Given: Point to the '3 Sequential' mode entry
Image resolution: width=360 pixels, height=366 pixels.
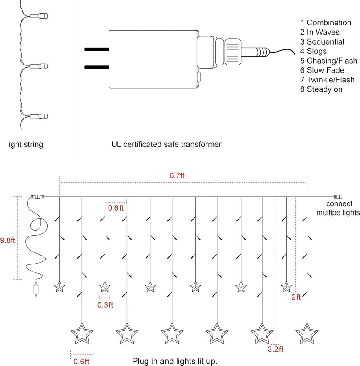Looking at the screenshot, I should pyautogui.click(x=322, y=42).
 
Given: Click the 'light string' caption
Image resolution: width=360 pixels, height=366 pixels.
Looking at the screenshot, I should pyautogui.click(x=25, y=145).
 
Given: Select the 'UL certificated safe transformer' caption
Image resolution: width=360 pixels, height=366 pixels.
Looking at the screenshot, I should pyautogui.click(x=166, y=145).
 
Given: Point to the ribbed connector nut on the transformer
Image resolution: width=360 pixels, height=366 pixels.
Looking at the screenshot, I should pyautogui.click(x=234, y=52).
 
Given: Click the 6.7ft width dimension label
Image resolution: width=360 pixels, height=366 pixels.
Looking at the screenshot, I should pyautogui.click(x=177, y=175).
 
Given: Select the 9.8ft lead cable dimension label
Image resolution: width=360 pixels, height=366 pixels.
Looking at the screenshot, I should pyautogui.click(x=8, y=240).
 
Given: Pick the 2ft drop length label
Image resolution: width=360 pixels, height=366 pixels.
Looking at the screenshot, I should pyautogui.click(x=296, y=297).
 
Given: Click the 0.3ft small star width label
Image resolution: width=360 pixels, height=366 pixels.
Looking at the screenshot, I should pyautogui.click(x=105, y=305).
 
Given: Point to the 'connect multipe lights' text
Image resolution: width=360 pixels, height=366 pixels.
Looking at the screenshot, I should pyautogui.click(x=338, y=209).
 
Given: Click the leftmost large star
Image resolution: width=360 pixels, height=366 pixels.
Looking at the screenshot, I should pyautogui.click(x=82, y=333).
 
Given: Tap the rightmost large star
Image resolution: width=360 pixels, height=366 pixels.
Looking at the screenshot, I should pyautogui.click(x=307, y=333).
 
